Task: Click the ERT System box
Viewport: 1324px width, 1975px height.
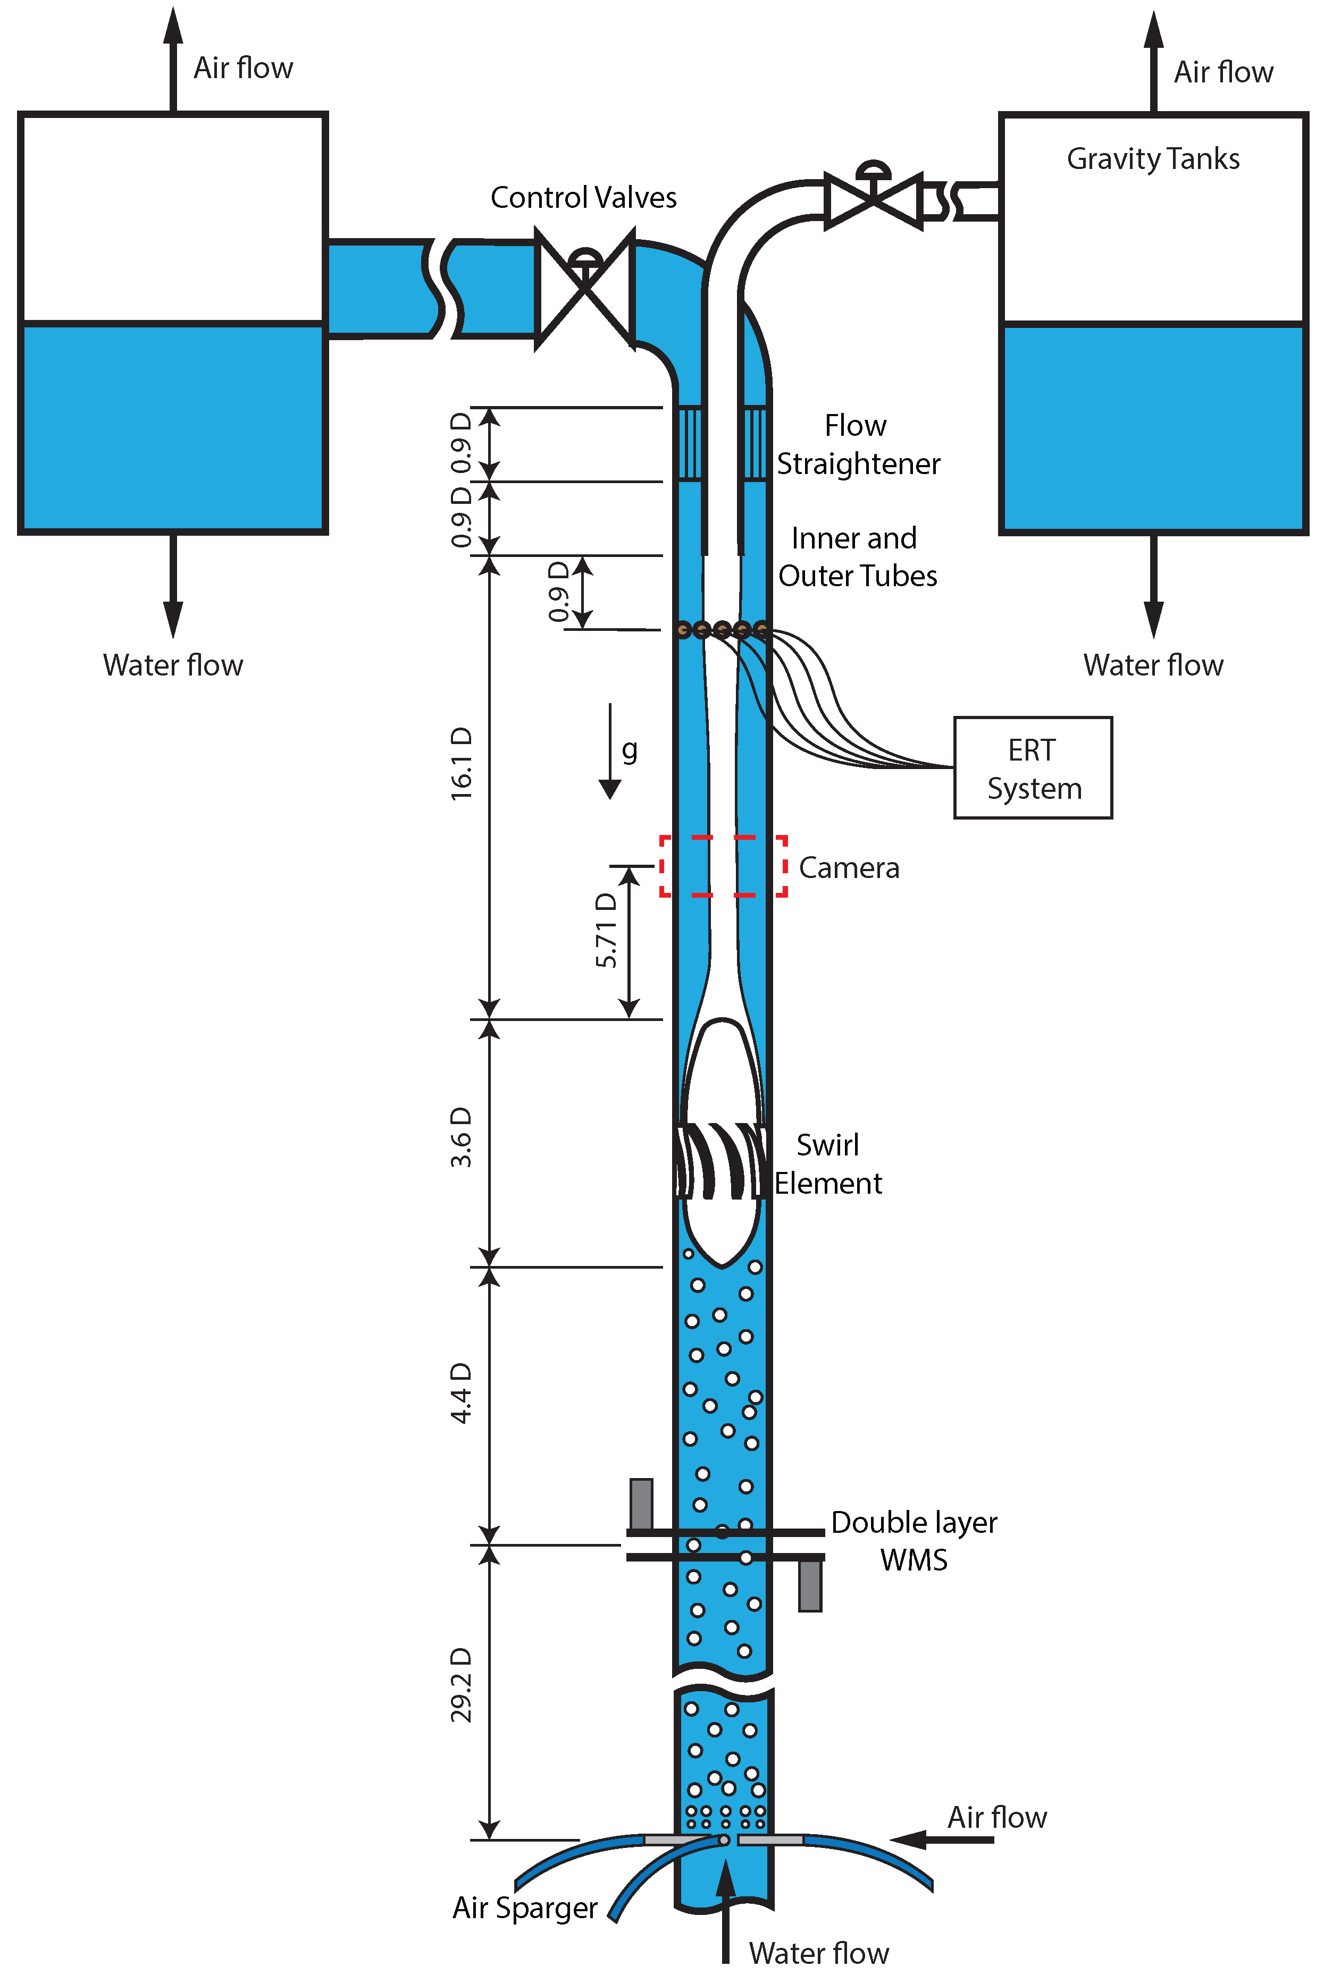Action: [x=1033, y=768]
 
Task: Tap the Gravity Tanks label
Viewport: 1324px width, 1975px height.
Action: [x=1153, y=159]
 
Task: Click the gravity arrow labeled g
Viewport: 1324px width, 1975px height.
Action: [x=610, y=751]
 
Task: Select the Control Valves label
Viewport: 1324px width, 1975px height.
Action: [x=583, y=198]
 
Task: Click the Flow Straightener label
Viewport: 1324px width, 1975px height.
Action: [x=857, y=445]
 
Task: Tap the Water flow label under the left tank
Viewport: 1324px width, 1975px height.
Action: [x=173, y=665]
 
